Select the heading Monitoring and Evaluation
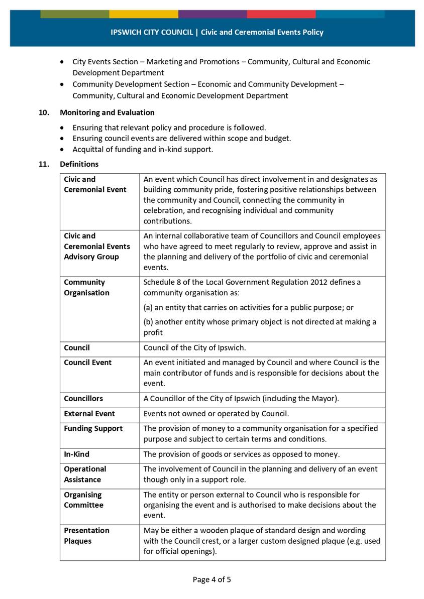pos(107,112)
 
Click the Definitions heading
pos(79,164)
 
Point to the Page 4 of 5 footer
pos(212,579)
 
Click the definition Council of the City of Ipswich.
pos(194,347)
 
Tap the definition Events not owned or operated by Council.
pos(216,414)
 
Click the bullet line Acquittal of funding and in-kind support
pos(143,149)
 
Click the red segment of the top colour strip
pos(281,14)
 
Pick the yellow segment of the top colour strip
pos(143,14)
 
